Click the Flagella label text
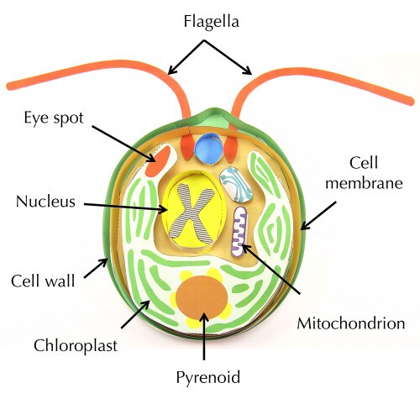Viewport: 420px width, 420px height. (212, 23)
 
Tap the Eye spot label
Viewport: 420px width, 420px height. (54, 118)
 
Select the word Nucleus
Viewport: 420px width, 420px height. (45, 201)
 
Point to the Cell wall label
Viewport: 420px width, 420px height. (43, 281)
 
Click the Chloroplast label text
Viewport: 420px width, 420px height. (76, 345)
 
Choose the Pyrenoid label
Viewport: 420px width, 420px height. (208, 377)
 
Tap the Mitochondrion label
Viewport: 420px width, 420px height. (351, 323)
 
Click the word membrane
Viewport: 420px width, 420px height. (364, 183)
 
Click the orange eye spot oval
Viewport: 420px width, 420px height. (159, 161)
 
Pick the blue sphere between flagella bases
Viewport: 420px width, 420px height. (209, 149)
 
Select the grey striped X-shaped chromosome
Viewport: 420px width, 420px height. (192, 213)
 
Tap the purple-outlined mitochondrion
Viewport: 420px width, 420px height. (239, 232)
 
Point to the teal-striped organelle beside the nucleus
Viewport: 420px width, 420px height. (236, 185)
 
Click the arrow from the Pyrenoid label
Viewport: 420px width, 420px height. (204, 336)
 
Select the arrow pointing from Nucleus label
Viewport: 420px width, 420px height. (125, 207)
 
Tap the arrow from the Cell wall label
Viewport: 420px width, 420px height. (96, 268)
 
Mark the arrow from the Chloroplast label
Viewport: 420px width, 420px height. (135, 314)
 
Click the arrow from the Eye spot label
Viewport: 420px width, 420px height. (124, 144)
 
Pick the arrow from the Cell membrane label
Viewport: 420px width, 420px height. (318, 216)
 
